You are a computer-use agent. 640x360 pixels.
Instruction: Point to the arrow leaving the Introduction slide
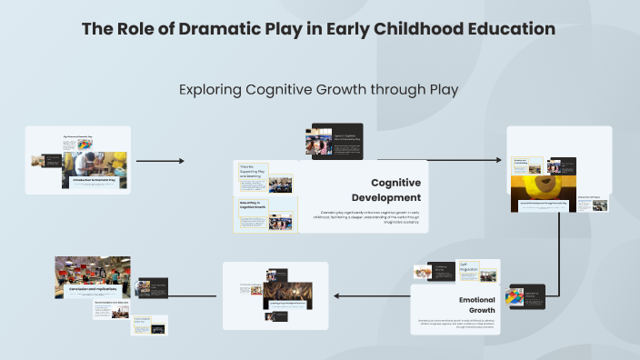point(159,161)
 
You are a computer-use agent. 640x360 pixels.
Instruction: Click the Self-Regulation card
point(479,270)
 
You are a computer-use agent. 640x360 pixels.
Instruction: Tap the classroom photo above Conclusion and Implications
point(90,267)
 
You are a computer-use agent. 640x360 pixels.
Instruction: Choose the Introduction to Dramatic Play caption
point(97,182)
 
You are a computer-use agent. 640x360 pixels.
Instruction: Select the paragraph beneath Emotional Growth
point(457,323)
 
